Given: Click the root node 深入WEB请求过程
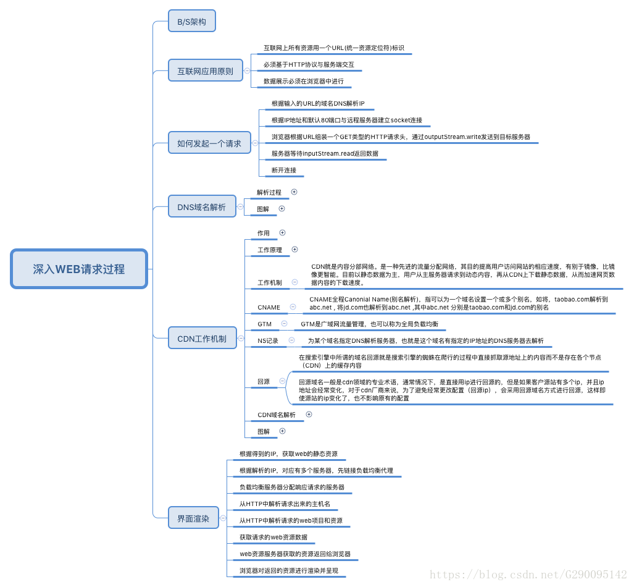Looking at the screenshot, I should pos(79,269).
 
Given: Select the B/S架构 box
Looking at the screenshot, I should pos(192,22).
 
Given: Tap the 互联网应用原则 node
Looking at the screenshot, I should pos(206,71).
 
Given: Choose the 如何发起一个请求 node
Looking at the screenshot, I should pos(209,143).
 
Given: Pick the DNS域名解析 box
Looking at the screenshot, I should pos(202,207).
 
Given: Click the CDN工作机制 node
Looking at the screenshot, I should pos(202,339).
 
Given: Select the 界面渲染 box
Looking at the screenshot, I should pos(193,518).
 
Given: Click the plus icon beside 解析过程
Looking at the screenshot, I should pos(294,192).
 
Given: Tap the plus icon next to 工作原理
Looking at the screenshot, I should pos(294,250).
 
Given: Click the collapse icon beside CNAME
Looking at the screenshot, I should pos(293,306).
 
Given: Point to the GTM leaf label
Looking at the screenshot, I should pos(265,324).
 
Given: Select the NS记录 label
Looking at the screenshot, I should pos(268,340).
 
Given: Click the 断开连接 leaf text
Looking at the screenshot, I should pos(284,170).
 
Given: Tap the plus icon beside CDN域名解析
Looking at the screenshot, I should pos(309,415).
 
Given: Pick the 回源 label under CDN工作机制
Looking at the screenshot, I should pos(264,381).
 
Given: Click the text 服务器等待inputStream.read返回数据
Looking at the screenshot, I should pos(325,153).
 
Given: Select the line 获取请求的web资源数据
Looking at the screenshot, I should pos(273,537).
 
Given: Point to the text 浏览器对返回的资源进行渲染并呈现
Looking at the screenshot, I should pos(289,570).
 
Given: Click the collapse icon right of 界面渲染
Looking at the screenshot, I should pos(223,518).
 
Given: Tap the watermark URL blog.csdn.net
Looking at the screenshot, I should pos(528,575).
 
